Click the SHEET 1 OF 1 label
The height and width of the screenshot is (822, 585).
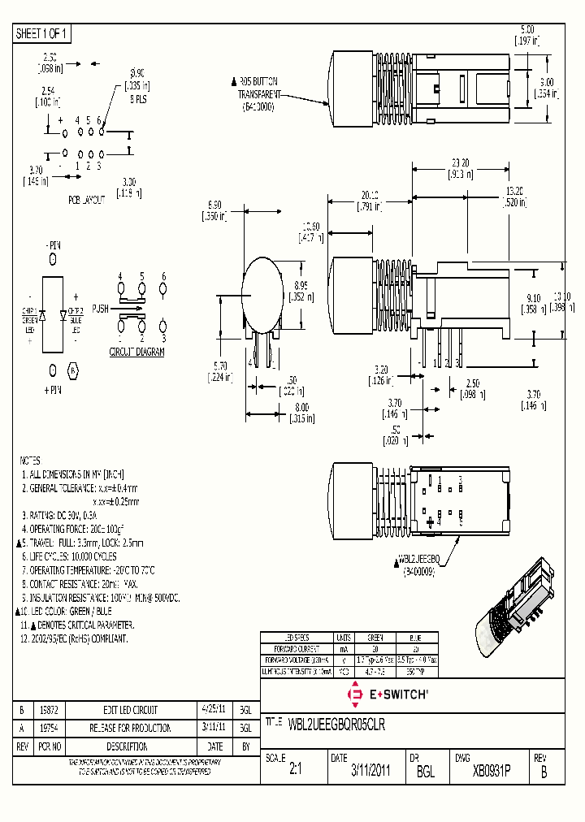pos(43,33)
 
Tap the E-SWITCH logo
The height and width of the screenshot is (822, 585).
pos(388,694)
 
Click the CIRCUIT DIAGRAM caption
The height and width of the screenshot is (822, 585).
pos(136,352)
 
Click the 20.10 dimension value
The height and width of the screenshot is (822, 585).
pos(369,195)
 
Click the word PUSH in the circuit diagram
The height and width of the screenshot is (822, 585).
pos(100,309)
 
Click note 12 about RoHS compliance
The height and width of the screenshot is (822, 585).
pos(74,639)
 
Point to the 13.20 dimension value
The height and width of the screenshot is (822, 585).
pos(514,191)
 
